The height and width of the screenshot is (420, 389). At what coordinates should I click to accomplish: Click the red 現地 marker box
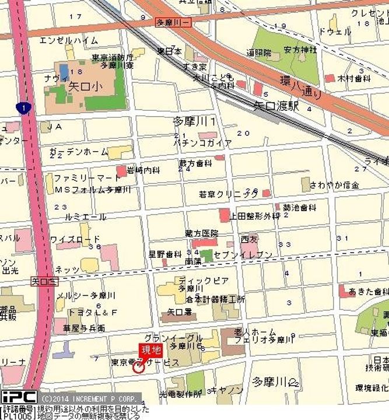tap(149, 350)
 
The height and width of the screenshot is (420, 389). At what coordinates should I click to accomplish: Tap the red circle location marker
tap(138, 367)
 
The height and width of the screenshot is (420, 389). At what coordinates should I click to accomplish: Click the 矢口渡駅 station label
tap(276, 106)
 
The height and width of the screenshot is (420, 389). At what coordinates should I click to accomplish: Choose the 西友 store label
tap(249, 239)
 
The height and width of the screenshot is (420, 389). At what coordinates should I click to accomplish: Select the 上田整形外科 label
tap(255, 216)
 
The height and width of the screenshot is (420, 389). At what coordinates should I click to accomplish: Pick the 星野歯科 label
tap(165, 254)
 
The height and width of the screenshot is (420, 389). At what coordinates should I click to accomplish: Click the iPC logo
tap(19, 397)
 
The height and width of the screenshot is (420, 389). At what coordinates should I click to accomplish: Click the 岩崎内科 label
tap(143, 170)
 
